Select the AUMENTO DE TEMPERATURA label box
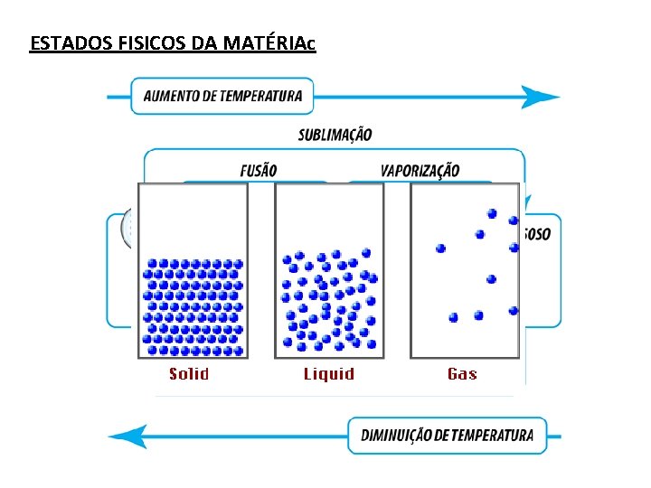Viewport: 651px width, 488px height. point(222,96)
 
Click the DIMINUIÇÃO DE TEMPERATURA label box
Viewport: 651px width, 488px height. point(448,436)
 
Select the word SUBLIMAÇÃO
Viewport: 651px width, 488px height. point(335,135)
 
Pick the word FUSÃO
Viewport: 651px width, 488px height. point(259,170)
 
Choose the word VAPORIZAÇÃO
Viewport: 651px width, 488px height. point(420,170)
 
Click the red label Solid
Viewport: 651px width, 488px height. point(189,374)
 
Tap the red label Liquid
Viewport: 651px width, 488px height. point(328,374)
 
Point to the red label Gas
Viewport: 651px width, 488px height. point(462,374)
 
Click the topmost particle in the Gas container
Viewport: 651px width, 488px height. point(492,214)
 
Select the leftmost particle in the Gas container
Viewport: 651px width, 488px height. point(441,248)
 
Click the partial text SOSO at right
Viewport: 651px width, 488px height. point(536,234)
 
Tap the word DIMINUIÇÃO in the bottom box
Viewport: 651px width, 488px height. point(396,436)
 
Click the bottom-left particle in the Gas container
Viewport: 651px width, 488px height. point(453,317)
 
